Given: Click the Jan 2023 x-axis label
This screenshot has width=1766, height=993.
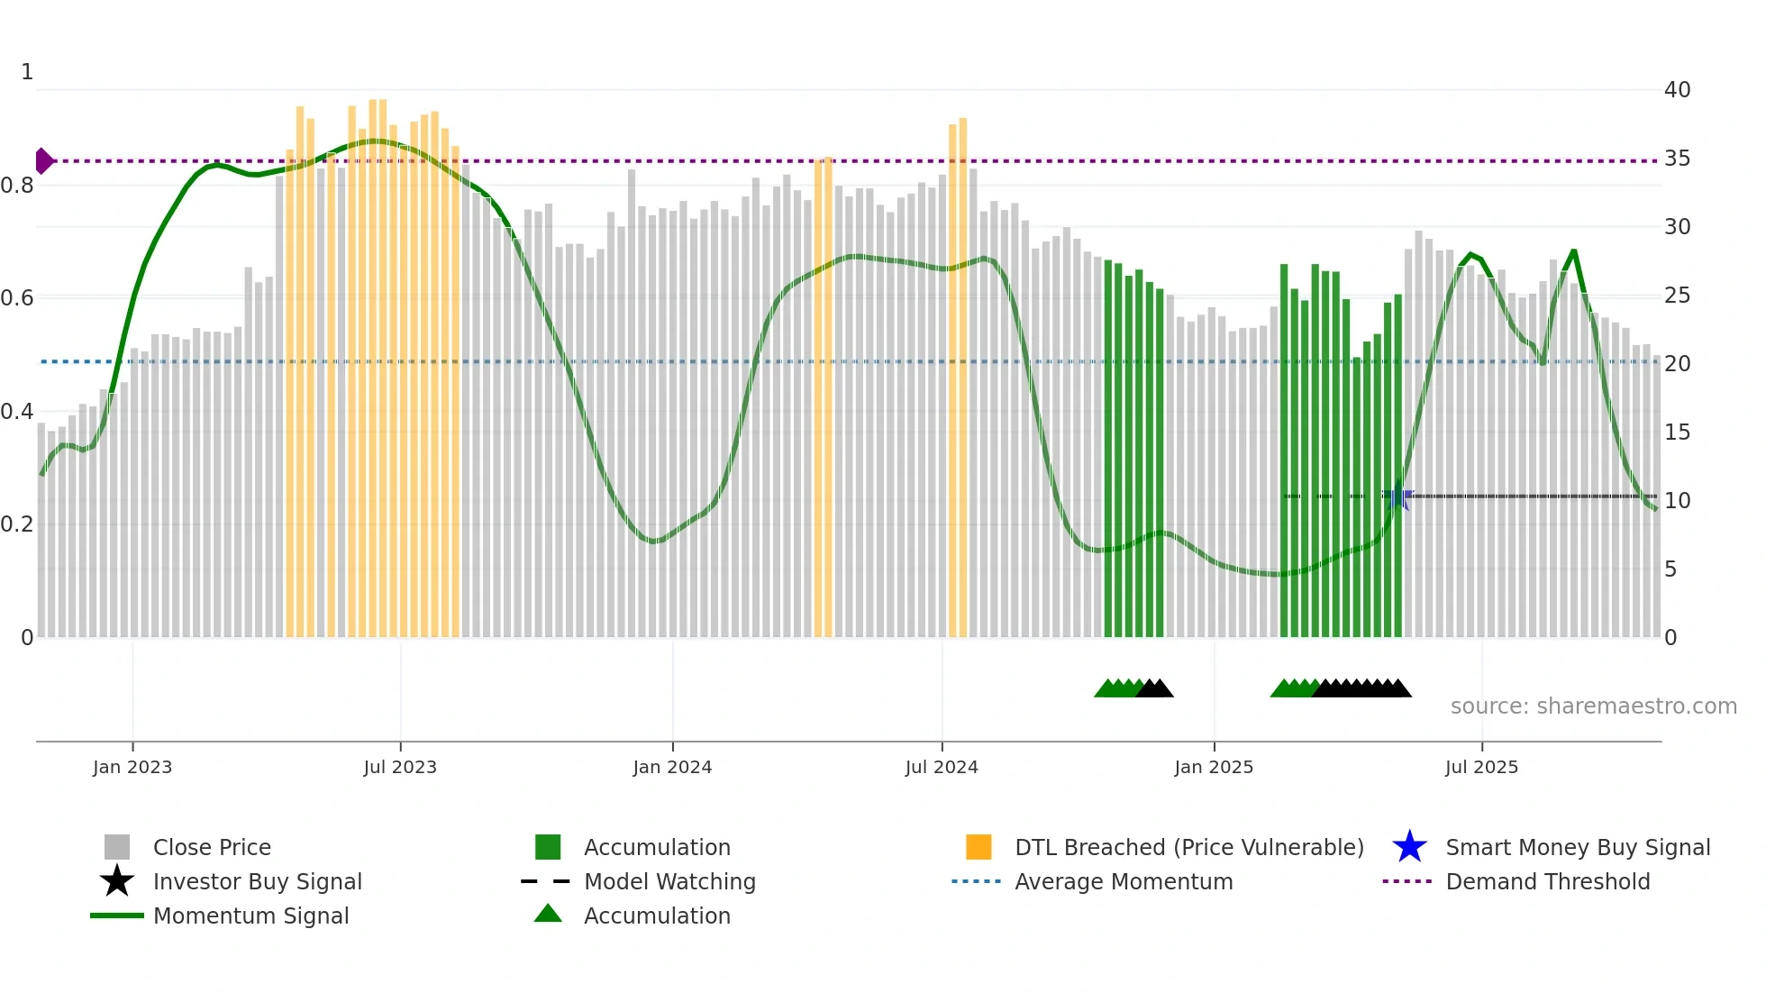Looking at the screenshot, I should [x=132, y=767].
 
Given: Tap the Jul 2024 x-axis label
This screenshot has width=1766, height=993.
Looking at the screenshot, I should [x=942, y=767].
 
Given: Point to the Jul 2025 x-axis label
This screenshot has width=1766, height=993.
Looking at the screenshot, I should [x=1481, y=767].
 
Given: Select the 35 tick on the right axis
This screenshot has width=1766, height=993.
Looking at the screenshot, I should [x=1677, y=159].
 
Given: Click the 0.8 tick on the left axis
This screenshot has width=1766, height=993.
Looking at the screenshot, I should [x=17, y=186].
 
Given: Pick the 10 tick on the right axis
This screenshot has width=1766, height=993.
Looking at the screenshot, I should [x=1677, y=501].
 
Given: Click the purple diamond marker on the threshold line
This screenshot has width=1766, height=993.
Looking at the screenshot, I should [x=43, y=161].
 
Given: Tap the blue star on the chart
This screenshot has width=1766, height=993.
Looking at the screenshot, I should [x=1398, y=496].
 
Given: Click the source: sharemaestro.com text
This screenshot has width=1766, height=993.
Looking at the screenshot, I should [x=1593, y=706].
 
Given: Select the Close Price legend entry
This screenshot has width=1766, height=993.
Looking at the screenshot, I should [x=212, y=847].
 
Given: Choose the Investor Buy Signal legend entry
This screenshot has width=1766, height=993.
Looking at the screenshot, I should [x=257, y=881].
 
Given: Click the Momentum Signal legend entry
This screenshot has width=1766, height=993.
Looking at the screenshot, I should [x=250, y=916].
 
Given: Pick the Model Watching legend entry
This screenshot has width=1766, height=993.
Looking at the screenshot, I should [x=669, y=881].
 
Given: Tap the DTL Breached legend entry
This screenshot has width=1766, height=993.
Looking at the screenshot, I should [x=1188, y=847].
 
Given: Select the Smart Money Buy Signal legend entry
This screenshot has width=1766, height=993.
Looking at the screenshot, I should [x=1577, y=847].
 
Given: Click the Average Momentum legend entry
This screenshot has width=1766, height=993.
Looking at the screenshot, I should [x=1123, y=881].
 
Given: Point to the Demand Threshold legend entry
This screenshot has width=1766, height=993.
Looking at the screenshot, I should [x=1547, y=881].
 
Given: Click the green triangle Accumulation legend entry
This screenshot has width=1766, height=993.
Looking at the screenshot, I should [x=657, y=916].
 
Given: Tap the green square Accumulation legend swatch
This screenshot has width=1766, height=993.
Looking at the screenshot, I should [x=548, y=847].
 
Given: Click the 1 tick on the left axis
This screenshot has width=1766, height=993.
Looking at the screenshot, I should [x=27, y=72].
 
